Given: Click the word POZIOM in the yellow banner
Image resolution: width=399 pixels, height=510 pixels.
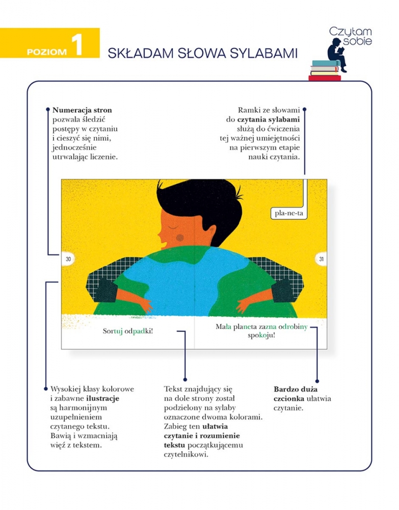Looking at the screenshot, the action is coord(47,52).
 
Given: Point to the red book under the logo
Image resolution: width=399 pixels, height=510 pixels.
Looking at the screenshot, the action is coord(325,78).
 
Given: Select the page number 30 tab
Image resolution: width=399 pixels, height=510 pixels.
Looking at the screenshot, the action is coord(68,259).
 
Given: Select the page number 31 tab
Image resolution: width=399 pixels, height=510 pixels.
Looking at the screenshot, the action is coord(321,259).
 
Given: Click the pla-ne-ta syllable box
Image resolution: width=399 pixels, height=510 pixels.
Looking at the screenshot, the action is coord(289,213).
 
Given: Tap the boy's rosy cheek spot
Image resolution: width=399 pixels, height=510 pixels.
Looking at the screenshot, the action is coord(180,238).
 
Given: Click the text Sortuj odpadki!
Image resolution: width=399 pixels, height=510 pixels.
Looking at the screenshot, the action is coord(128,331).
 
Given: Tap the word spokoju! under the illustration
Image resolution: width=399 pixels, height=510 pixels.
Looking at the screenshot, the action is coord(261,336).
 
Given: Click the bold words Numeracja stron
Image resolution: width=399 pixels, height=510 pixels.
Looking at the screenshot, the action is coord(82,110).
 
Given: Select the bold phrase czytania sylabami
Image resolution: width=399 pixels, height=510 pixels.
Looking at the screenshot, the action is coord(269,120).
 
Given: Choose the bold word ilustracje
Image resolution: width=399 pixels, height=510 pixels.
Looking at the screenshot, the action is coord(102,398).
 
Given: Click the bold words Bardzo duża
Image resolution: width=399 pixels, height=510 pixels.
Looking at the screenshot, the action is coord(296,389).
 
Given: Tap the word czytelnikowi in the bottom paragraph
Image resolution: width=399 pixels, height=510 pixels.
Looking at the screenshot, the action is coord(186,454).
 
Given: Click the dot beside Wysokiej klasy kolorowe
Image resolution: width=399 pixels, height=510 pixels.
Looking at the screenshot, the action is coord(46,389).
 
